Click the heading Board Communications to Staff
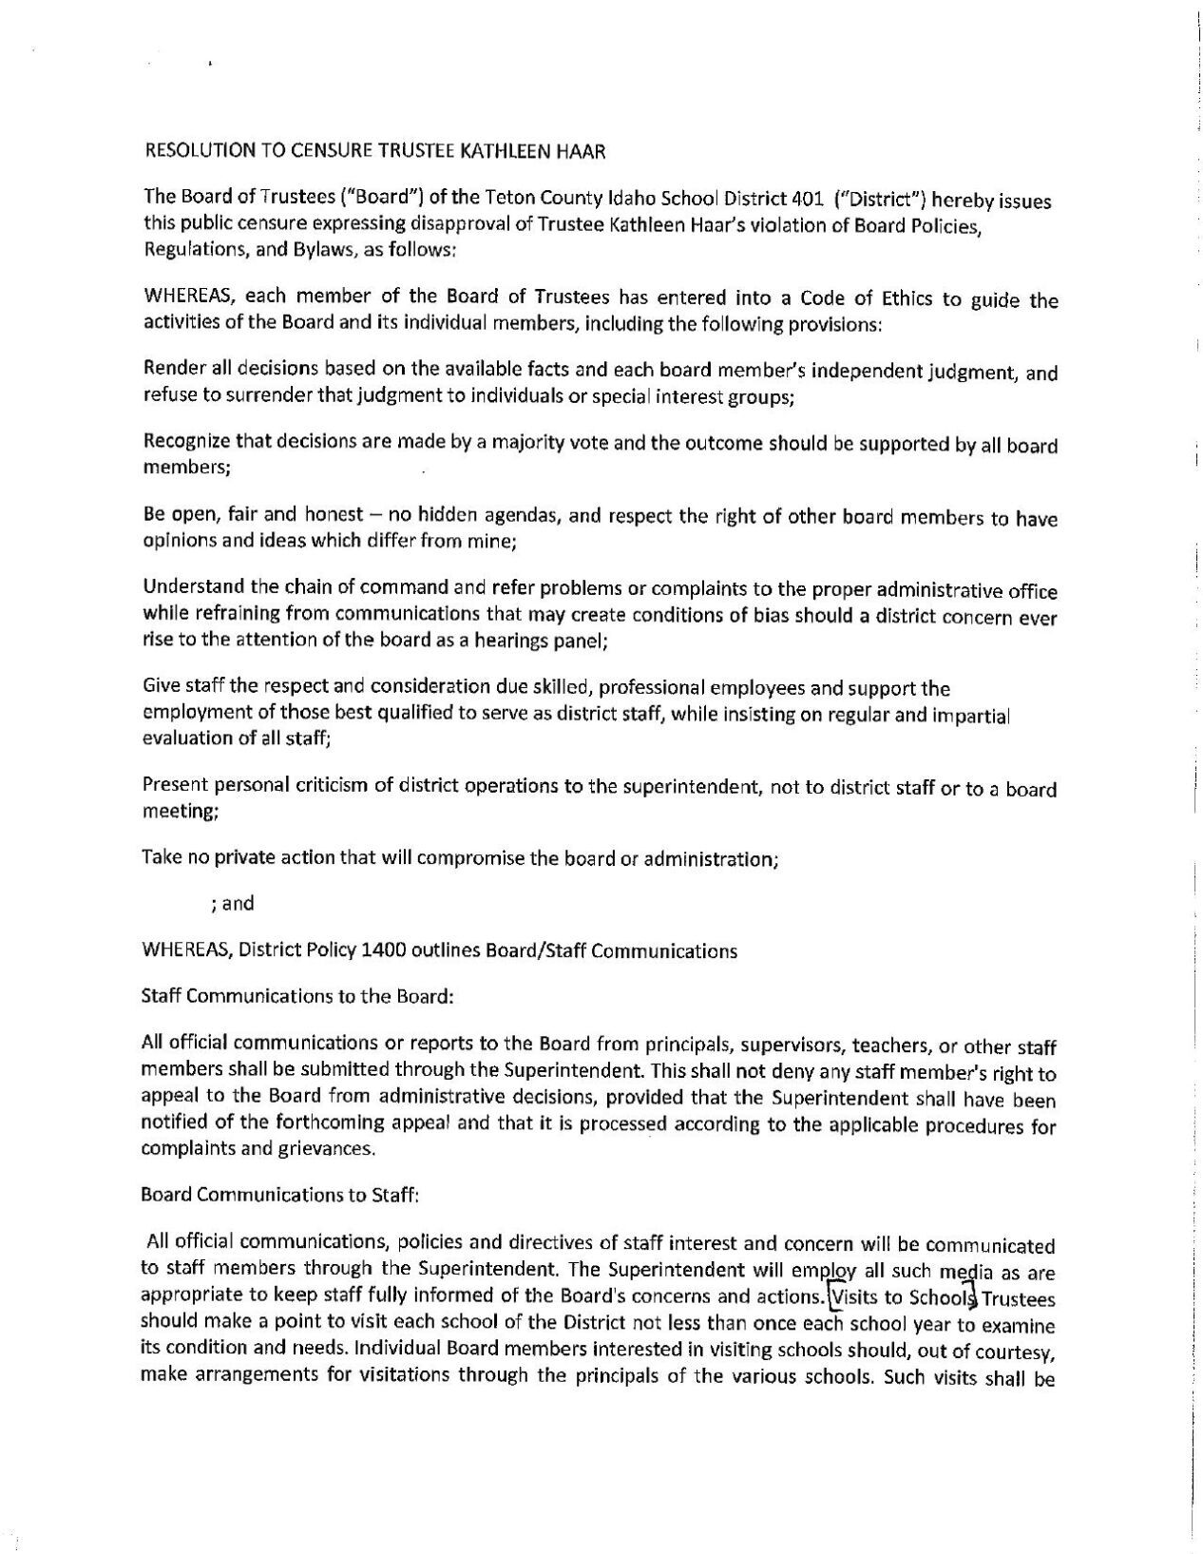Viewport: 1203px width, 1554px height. click(279, 1195)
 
